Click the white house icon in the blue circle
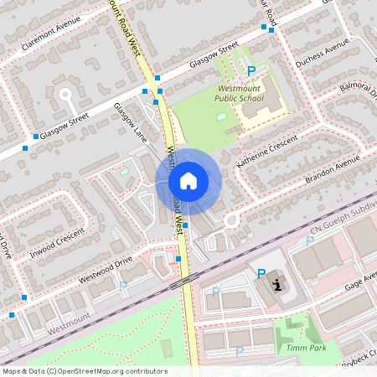[188, 180]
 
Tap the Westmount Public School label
[240, 93]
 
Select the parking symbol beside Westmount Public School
[250, 72]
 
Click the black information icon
[277, 286]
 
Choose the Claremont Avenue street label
[51, 32]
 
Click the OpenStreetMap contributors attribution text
[84, 371]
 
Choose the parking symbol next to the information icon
[261, 274]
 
